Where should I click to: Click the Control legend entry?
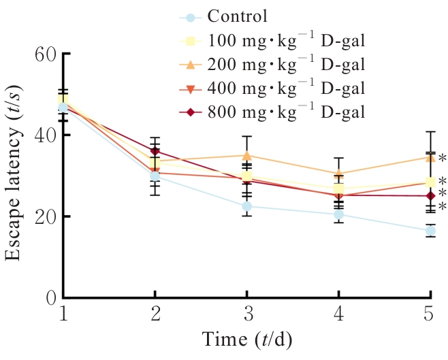point(238,16)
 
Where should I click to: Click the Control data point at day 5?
point(430,231)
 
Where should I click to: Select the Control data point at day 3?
point(247,206)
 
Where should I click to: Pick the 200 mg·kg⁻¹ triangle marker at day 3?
point(247,155)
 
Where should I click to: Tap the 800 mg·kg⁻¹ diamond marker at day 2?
point(155,151)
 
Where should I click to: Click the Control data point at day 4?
point(338,214)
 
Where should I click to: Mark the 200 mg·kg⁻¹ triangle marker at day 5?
point(430,157)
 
